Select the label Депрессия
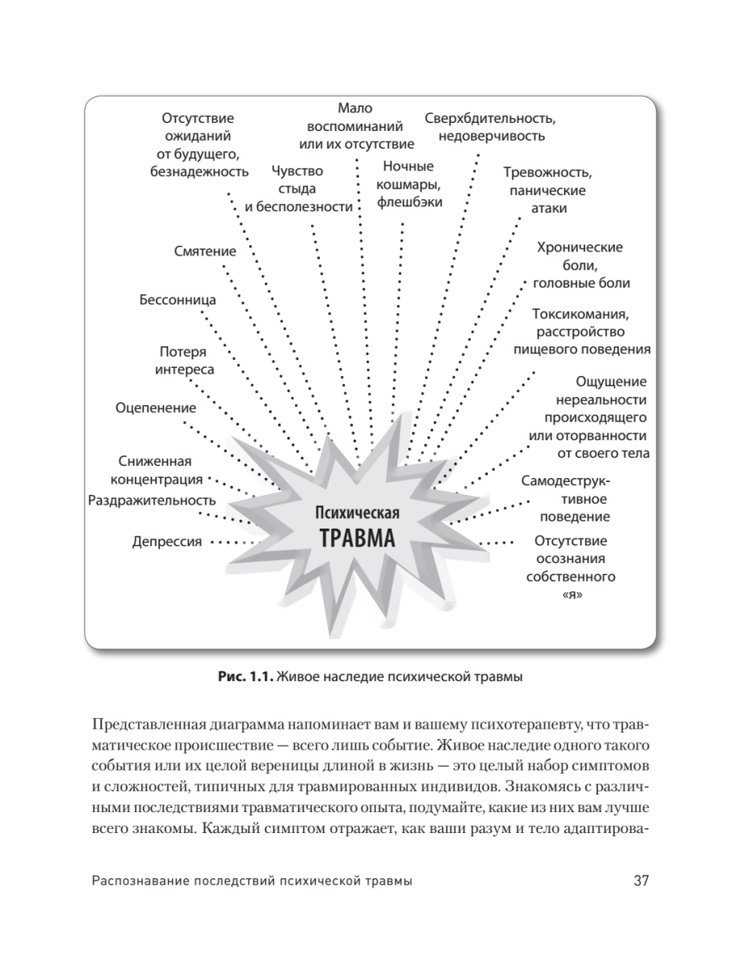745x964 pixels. click(x=166, y=541)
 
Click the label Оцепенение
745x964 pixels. click(x=156, y=407)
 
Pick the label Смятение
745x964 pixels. click(x=205, y=251)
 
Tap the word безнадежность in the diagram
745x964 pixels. click(x=199, y=171)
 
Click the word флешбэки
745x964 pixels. click(x=409, y=202)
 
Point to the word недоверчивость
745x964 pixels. click(x=491, y=136)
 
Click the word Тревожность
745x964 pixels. click(x=547, y=173)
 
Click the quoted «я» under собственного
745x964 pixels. click(x=570, y=595)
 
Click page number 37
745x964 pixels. click(x=641, y=880)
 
